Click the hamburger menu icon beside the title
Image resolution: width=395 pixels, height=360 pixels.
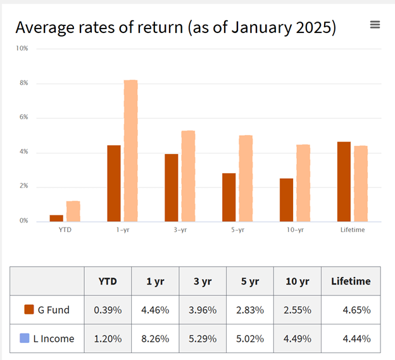(x=375, y=25)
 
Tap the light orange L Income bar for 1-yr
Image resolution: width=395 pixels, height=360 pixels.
(x=130, y=151)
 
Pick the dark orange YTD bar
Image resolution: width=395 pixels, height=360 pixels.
(x=56, y=218)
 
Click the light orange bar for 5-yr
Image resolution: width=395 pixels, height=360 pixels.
(x=246, y=178)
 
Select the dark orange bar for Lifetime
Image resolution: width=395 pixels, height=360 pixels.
(x=344, y=181)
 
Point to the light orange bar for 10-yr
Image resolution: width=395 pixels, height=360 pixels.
(x=303, y=183)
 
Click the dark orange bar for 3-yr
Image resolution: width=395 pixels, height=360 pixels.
(x=172, y=188)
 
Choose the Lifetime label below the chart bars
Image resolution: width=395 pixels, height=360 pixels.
(x=353, y=229)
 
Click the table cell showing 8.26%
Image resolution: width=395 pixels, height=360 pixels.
(x=155, y=338)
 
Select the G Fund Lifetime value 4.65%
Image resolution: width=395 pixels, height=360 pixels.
(x=357, y=310)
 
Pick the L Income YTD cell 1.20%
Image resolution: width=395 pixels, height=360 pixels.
(x=108, y=338)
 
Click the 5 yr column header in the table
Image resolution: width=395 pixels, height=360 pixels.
(x=249, y=281)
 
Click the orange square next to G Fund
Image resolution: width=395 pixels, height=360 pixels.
(x=28, y=310)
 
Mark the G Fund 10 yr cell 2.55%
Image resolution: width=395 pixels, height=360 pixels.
(x=298, y=310)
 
